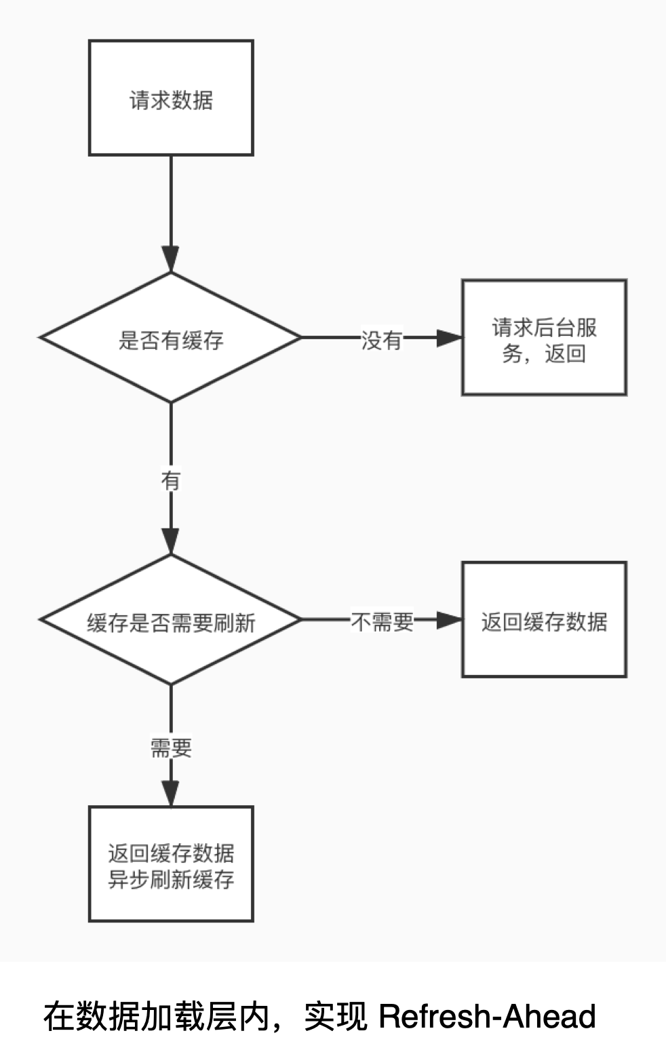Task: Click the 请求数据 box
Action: [x=171, y=98]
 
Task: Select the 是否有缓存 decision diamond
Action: [x=171, y=338]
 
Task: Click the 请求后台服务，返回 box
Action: [x=544, y=338]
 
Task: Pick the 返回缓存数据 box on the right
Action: [x=544, y=620]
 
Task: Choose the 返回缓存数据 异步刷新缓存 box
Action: [x=171, y=864]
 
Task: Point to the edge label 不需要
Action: [x=382, y=621]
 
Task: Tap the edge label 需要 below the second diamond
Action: [x=171, y=748]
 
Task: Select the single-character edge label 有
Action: [x=171, y=481]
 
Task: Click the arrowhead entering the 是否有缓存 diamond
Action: [x=171, y=260]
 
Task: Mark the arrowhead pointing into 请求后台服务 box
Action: [x=449, y=338]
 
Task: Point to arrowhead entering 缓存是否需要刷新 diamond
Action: [x=171, y=542]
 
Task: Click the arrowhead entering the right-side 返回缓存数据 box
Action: [x=449, y=620]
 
